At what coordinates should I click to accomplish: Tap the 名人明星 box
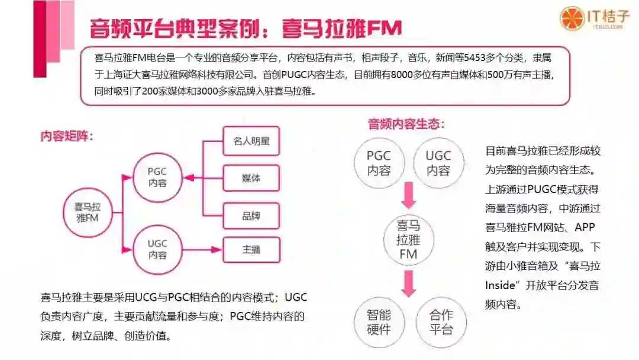click(251, 142)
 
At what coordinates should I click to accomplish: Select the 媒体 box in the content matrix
click(251, 178)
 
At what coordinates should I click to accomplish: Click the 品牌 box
click(251, 216)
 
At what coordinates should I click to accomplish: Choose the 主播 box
click(251, 250)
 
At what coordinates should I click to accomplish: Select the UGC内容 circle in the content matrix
click(157, 249)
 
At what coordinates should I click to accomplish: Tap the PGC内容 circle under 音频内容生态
click(379, 163)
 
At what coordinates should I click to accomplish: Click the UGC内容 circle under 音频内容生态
click(438, 163)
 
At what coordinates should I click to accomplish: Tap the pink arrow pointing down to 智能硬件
click(408, 282)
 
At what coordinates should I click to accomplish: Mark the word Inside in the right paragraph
click(501, 286)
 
